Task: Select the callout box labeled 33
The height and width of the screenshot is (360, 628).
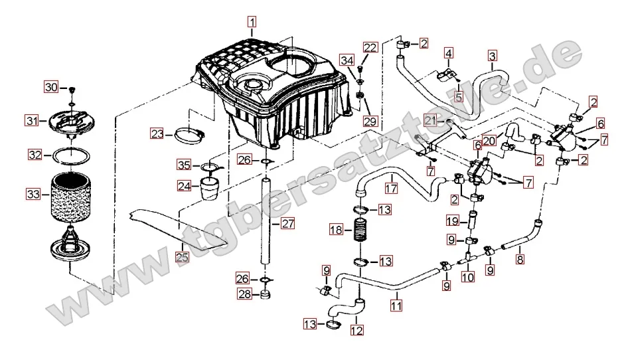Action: [x=33, y=194]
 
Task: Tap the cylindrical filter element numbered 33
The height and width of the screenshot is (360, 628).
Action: [x=70, y=196]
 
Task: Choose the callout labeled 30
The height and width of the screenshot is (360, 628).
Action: [x=52, y=87]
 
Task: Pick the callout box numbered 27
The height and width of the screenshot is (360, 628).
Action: [x=287, y=224]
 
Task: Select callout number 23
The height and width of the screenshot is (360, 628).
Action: [x=157, y=134]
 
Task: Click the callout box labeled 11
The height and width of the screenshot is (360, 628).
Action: [x=396, y=306]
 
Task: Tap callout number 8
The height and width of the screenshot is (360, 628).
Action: [x=520, y=260]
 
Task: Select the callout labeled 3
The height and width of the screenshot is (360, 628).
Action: [x=492, y=55]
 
